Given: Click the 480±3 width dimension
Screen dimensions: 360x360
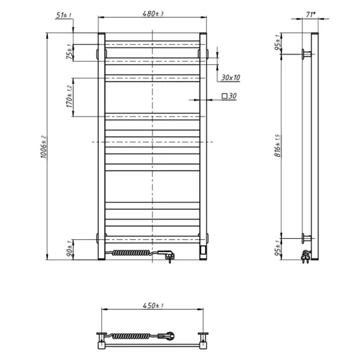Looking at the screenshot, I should click(x=152, y=13).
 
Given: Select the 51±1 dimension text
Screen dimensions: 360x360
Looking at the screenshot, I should click(x=62, y=14).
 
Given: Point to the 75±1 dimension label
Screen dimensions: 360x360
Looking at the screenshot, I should click(x=69, y=53).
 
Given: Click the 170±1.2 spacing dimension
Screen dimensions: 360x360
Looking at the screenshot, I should click(x=69, y=97).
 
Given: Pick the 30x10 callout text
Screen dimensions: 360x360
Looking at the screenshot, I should click(x=230, y=77).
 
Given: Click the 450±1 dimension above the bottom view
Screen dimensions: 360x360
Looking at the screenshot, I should click(x=152, y=306).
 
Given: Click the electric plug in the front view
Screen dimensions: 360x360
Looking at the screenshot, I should click(x=167, y=256).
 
